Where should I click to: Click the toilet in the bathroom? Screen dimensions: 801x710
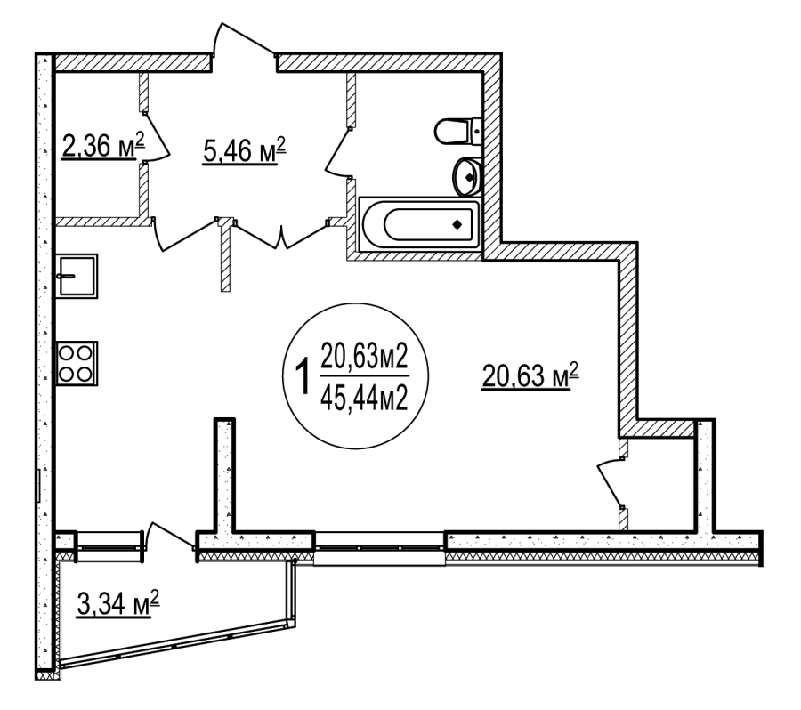coord(458,132)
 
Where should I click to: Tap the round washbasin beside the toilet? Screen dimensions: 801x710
coord(467,177)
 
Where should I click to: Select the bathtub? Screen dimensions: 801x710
coord(420,224)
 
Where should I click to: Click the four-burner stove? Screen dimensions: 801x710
coord(77,363)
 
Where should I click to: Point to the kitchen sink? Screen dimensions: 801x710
coord(77,276)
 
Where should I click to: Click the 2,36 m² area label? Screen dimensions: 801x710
coord(103,146)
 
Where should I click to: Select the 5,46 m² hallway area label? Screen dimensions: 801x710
coord(244,150)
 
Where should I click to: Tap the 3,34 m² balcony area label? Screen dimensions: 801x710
coord(118,603)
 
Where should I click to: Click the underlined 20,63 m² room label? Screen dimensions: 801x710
coord(530,375)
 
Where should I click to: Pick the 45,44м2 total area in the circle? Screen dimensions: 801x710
coord(364,398)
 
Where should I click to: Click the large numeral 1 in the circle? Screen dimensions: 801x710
coord(303,376)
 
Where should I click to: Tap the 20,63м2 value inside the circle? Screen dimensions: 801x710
coord(364,356)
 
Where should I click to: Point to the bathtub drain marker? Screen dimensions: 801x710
coord(457,223)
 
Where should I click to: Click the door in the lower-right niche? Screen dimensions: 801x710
coord(611,483)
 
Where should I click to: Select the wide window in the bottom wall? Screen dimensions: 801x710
coord(379,547)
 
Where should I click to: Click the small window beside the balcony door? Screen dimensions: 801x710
coord(109,547)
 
